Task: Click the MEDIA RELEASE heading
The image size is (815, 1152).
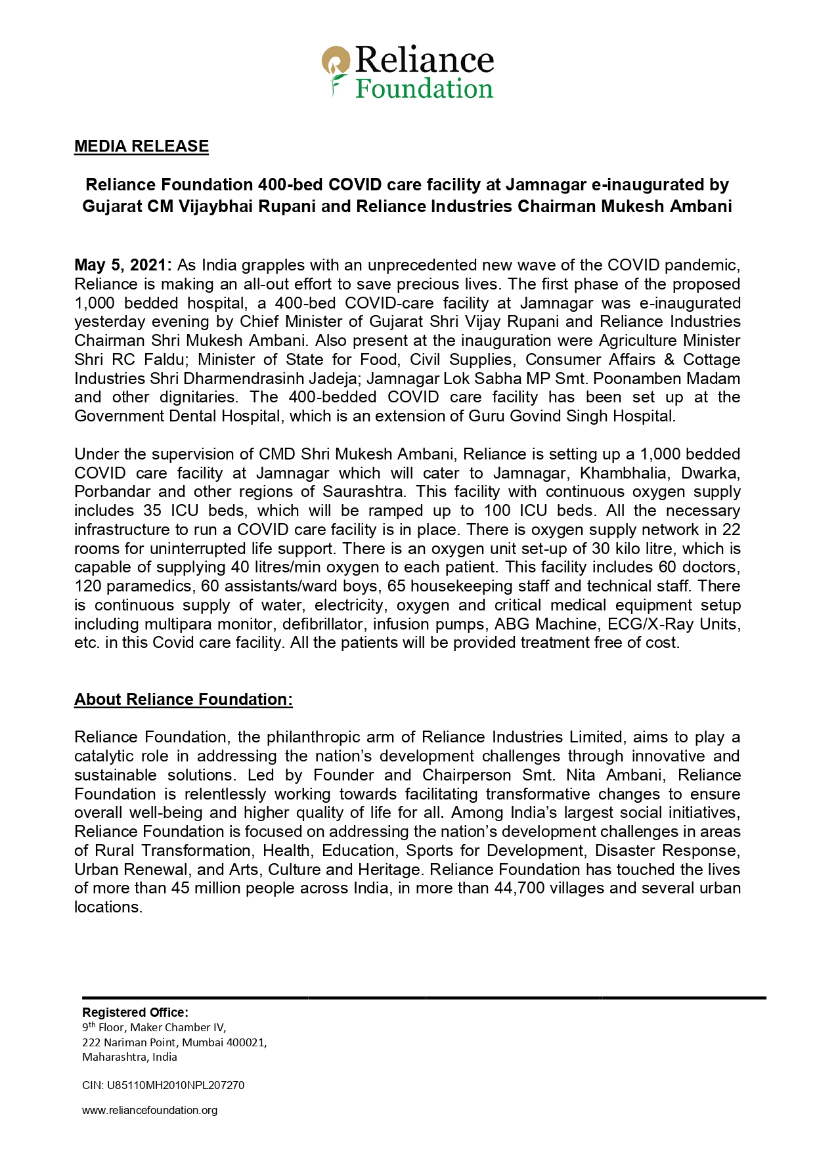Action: [141, 146]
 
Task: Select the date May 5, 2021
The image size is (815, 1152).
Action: [123, 265]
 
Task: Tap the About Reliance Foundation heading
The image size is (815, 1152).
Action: [183, 700]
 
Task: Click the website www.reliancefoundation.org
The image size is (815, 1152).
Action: [150, 1111]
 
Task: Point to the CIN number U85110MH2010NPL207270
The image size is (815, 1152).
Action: [175, 1086]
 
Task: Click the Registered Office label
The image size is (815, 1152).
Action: [135, 1013]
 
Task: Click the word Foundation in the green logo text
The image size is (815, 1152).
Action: [424, 89]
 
